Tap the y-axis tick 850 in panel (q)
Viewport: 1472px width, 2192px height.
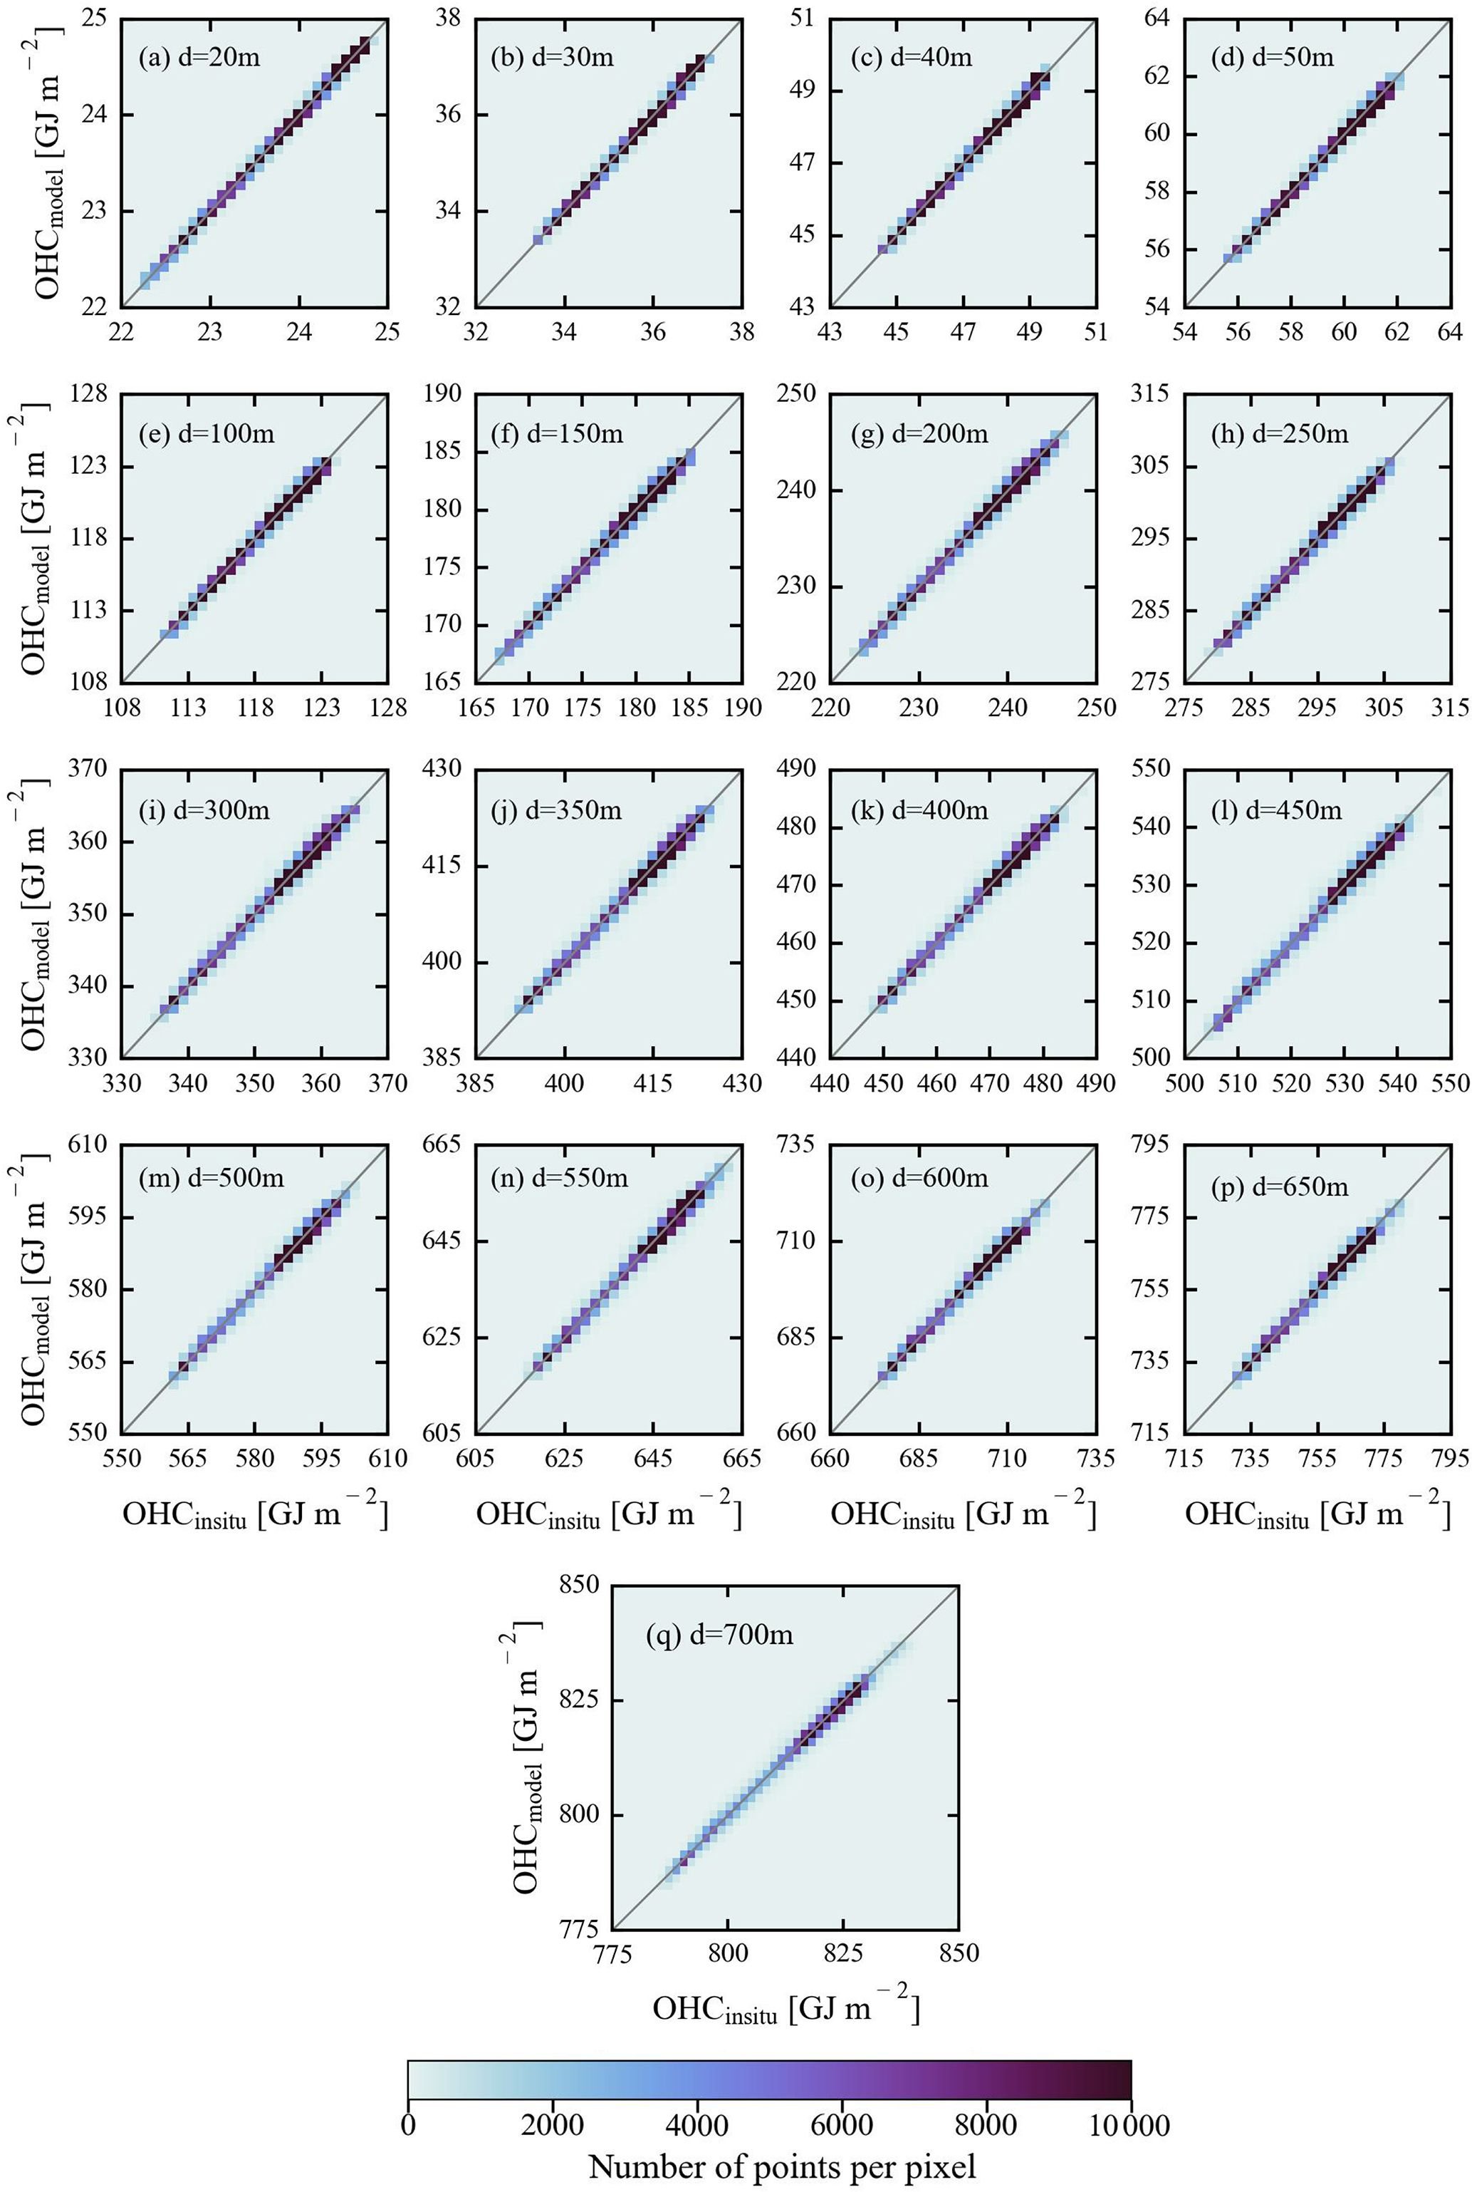tap(578, 1584)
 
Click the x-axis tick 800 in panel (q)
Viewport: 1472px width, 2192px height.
tap(728, 1953)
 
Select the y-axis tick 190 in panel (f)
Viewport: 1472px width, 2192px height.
tap(443, 393)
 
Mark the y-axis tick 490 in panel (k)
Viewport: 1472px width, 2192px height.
tap(797, 769)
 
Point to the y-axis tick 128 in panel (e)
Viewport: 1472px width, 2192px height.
tap(89, 393)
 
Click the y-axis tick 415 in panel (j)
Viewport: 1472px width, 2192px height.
tap(443, 866)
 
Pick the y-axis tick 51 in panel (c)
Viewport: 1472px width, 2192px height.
tap(803, 18)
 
